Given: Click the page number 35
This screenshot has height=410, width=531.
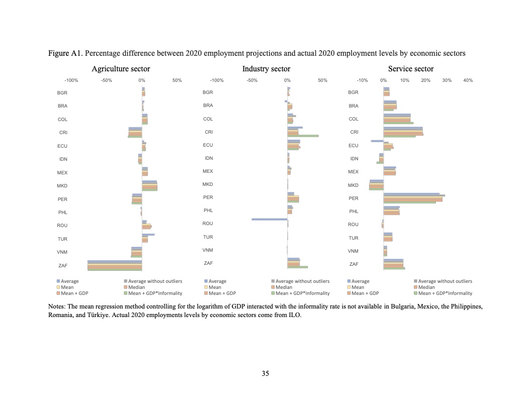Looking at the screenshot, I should pyautogui.click(x=265, y=373).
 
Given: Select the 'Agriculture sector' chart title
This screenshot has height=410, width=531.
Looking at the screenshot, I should pyautogui.click(x=121, y=69).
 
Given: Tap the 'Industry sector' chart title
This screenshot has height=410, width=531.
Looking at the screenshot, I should pyautogui.click(x=266, y=69).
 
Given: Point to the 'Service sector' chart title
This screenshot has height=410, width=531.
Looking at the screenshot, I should pyautogui.click(x=410, y=69).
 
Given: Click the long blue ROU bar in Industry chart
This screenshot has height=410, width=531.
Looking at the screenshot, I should pyautogui.click(x=269, y=219).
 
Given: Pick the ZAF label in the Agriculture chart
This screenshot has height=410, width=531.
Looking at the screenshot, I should pyautogui.click(x=63, y=265).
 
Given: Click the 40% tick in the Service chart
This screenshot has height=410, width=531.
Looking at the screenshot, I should pyautogui.click(x=468, y=80).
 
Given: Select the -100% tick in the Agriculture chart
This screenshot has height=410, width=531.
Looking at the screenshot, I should pyautogui.click(x=71, y=80).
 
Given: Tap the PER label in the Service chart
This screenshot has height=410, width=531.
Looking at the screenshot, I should pyautogui.click(x=353, y=198).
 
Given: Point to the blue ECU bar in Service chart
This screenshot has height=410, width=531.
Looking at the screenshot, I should pyautogui.click(x=377, y=141).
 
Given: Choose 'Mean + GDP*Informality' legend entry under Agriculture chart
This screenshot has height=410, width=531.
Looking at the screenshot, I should pyautogui.click(x=155, y=293).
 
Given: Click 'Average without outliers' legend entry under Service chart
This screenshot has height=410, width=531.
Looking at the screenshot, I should pyautogui.click(x=445, y=281).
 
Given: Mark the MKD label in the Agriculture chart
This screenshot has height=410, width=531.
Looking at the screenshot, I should pyautogui.click(x=62, y=186).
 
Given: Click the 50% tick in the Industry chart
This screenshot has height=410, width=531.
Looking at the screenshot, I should pyautogui.click(x=323, y=80).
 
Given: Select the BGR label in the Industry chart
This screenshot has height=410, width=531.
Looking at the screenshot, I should pyautogui.click(x=208, y=92).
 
